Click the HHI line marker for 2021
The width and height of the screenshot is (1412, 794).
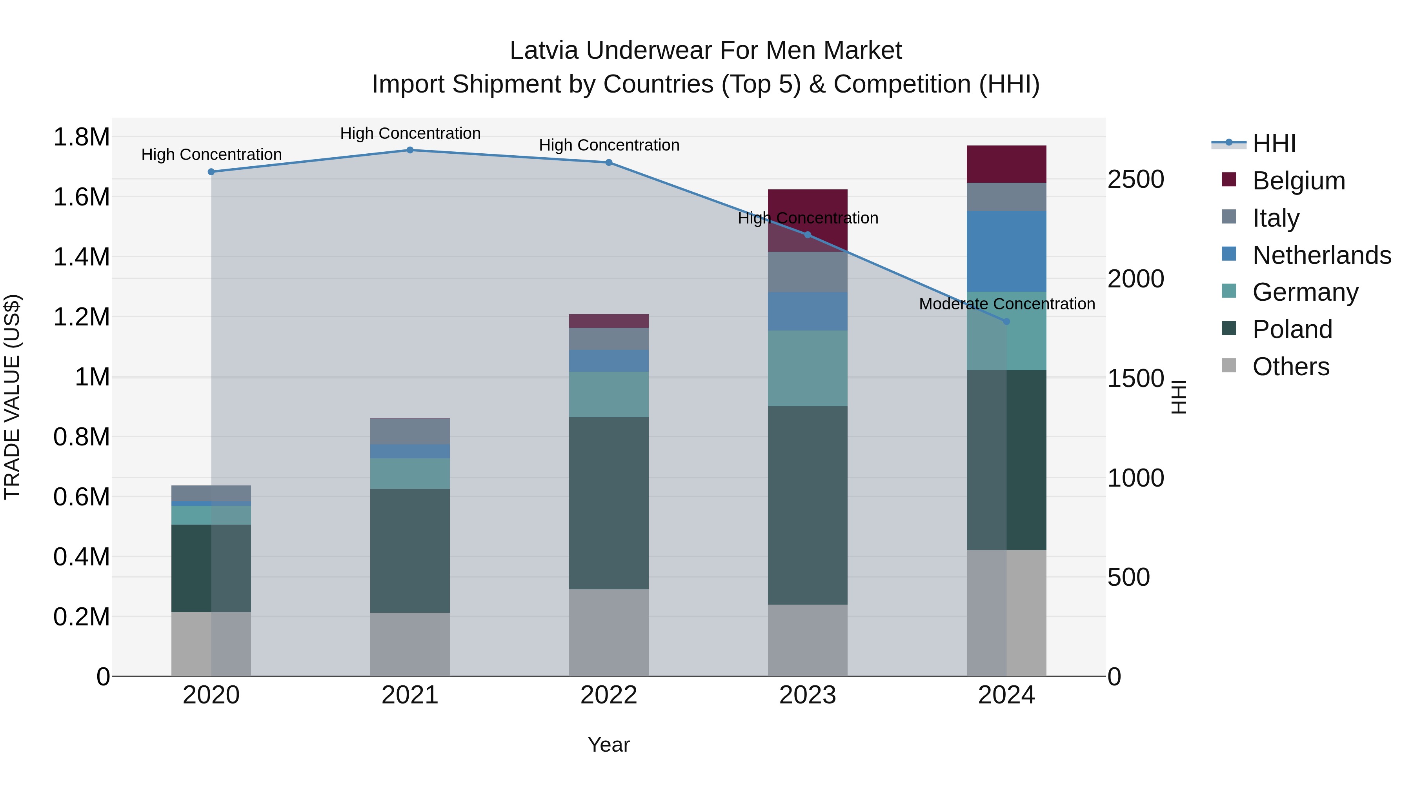(409, 150)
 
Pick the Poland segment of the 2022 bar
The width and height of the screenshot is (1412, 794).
(608, 503)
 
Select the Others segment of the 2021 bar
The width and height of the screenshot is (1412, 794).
(409, 644)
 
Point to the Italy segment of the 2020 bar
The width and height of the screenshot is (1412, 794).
(211, 492)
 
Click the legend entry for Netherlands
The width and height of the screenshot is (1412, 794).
(1321, 255)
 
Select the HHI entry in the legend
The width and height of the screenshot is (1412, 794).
(1273, 144)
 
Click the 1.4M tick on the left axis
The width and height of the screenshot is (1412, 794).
(81, 257)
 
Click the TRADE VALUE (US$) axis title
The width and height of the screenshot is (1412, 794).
(12, 397)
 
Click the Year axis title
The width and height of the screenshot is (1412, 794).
(608, 745)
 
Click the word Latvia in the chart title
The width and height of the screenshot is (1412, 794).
(544, 51)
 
